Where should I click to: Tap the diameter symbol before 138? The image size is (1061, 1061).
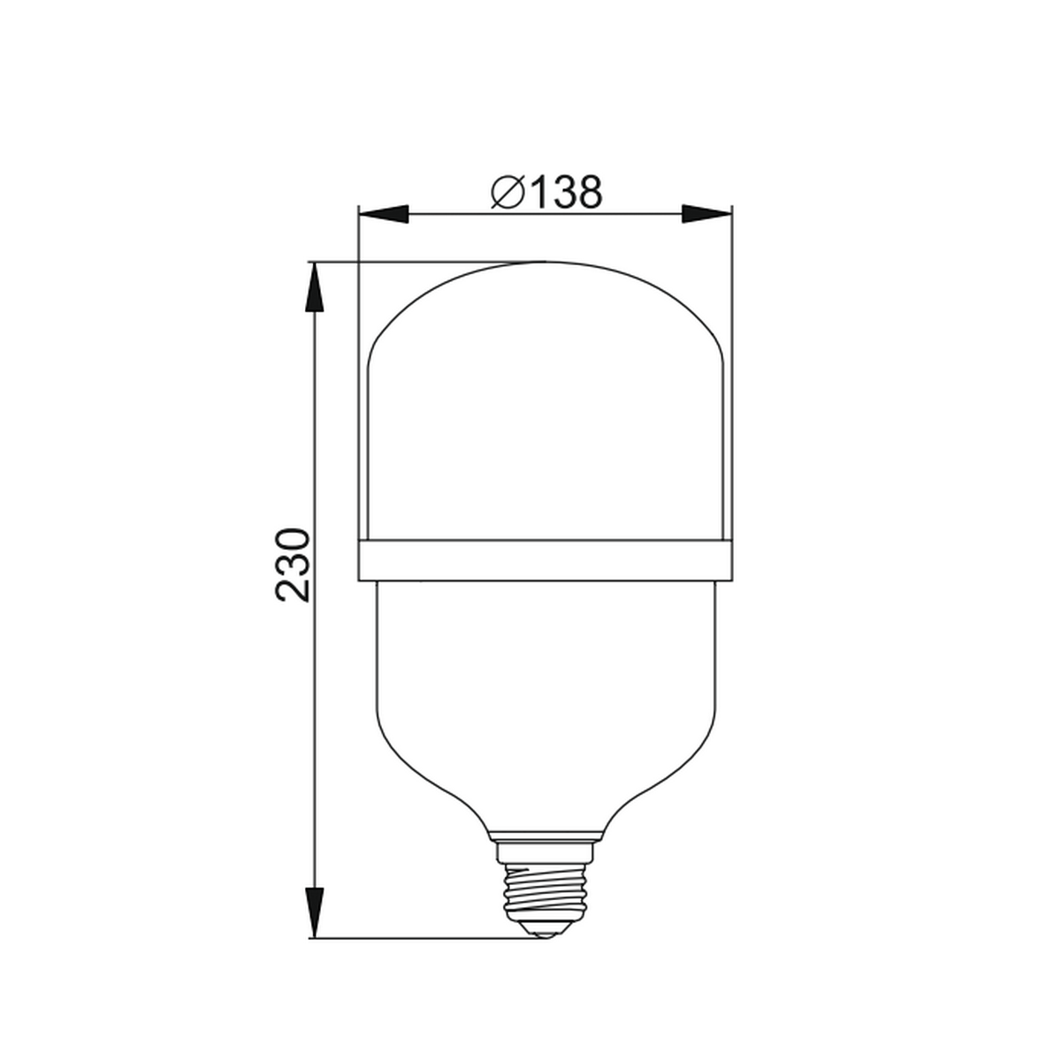point(508,192)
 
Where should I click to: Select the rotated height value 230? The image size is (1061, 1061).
point(293,566)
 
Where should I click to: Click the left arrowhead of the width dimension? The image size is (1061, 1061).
point(385,214)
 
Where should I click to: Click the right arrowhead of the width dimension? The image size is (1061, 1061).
point(706,214)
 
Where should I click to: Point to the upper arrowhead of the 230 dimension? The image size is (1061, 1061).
point(313,286)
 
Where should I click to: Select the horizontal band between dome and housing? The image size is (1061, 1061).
point(545,561)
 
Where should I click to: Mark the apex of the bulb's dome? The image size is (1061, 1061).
point(545,262)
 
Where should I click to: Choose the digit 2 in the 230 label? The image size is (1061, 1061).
point(293,590)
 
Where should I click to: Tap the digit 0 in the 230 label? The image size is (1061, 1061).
point(293,542)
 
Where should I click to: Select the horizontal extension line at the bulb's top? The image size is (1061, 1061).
point(424,261)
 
